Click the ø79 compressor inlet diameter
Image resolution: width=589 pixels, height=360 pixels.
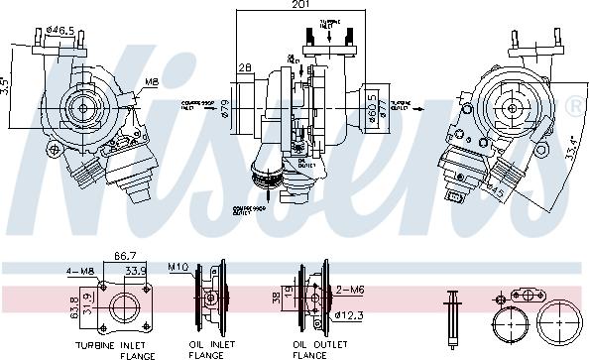click(x=226, y=106)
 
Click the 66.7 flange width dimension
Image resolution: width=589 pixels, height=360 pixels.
click(x=126, y=255)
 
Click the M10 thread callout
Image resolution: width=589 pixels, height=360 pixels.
click(x=178, y=267)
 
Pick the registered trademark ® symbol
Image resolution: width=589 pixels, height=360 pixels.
click(x=576, y=104)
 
